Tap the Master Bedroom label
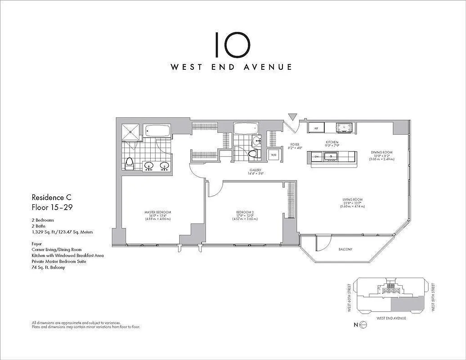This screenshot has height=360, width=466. (157, 212)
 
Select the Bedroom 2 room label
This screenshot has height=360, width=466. (246, 212)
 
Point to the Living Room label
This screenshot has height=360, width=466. (352, 200)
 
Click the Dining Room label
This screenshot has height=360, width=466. (382, 152)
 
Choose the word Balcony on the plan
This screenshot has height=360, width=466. (345, 249)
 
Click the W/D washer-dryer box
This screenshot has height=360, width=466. (273, 155)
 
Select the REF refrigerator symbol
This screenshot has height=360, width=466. (316, 128)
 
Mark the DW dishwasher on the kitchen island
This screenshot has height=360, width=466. (316, 156)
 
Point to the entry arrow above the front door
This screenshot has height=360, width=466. (293, 117)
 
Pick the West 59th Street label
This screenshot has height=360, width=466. (432, 297)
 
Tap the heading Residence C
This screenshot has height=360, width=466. (51, 197)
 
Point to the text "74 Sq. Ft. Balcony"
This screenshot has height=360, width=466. (48, 267)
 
